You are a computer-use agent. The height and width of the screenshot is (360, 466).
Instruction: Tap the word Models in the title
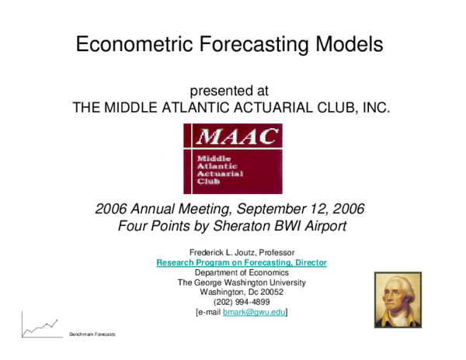pyautogui.click(x=349, y=44)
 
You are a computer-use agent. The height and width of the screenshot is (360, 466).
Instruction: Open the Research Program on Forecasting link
pyautogui.click(x=241, y=263)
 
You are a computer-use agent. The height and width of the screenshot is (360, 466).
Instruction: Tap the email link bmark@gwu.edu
pyautogui.click(x=253, y=313)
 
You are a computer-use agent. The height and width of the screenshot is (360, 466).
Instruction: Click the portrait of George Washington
pyautogui.click(x=398, y=299)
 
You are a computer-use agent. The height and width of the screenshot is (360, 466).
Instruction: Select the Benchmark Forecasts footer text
pyautogui.click(x=92, y=334)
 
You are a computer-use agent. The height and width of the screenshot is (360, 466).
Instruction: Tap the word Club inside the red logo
pyautogui.click(x=209, y=182)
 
